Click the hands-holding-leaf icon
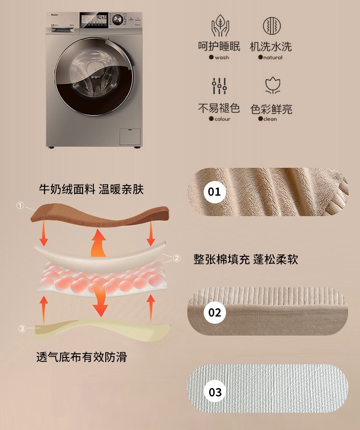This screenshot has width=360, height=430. pos(220,26)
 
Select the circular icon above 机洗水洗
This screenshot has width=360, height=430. pos(272,26)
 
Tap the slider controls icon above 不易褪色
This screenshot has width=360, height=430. pos(219,86)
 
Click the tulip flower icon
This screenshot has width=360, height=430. pos(273,85)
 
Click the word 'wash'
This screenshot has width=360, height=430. pos(222,57)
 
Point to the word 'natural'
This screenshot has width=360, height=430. pos(273,57)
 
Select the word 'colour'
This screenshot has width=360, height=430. pos(222,119)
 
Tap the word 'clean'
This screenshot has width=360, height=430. pos(270,119)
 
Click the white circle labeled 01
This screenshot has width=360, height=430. pos(215,192)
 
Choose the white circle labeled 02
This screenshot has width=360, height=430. pos(215,312)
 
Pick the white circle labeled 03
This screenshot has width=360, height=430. pos(215,392)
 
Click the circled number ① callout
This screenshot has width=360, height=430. pos(20,205)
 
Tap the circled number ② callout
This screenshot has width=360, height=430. pos(177,258)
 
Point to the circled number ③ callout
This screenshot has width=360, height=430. pos(22,328)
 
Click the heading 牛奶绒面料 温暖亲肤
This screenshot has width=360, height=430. pos(91,189)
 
